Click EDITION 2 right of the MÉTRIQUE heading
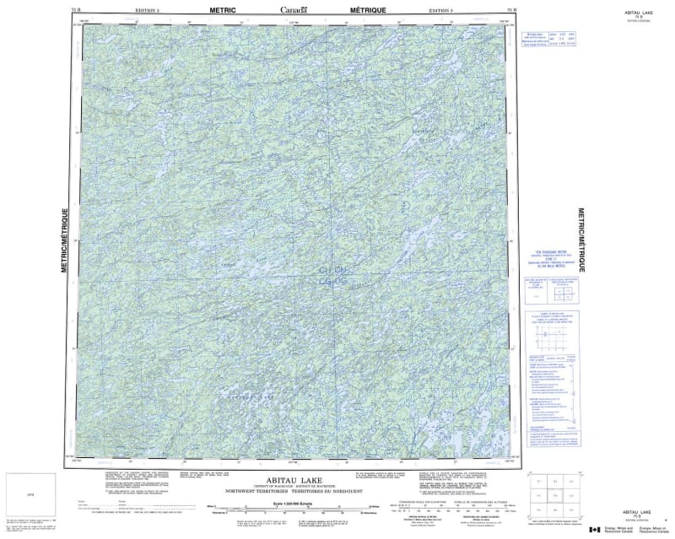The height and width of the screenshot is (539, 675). (441, 9)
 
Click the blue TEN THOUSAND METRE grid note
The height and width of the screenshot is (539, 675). (553, 253)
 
